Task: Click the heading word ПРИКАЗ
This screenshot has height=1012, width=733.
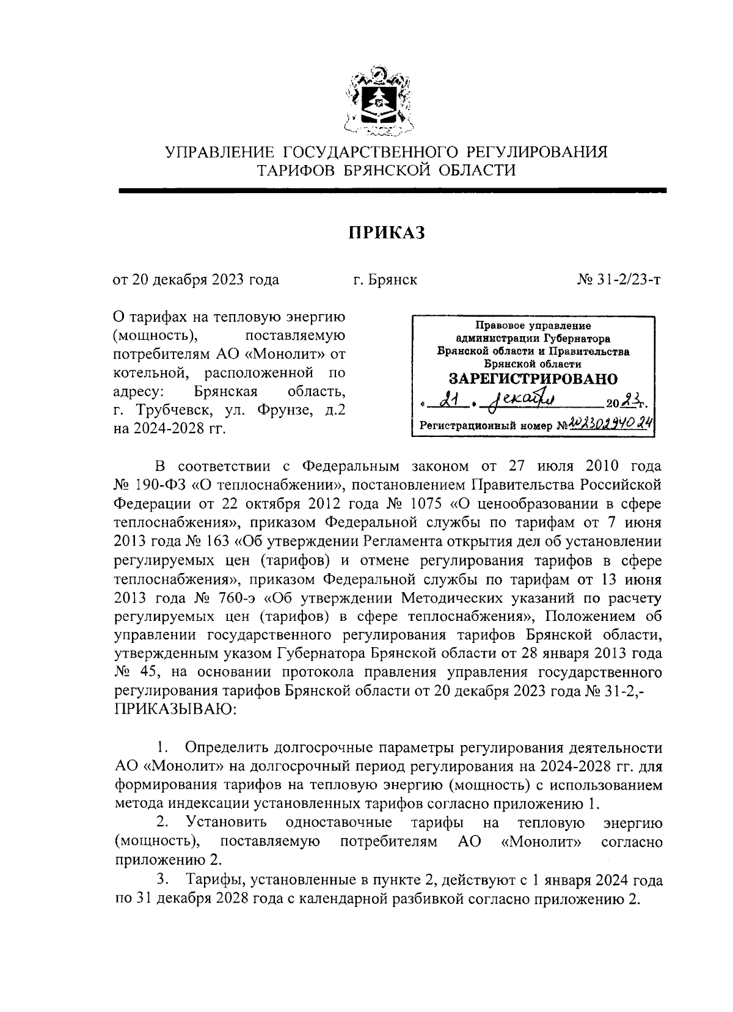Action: pos(386,232)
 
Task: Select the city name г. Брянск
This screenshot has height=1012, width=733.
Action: pos(385,280)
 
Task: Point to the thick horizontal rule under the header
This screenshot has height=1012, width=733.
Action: pos(391,191)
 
